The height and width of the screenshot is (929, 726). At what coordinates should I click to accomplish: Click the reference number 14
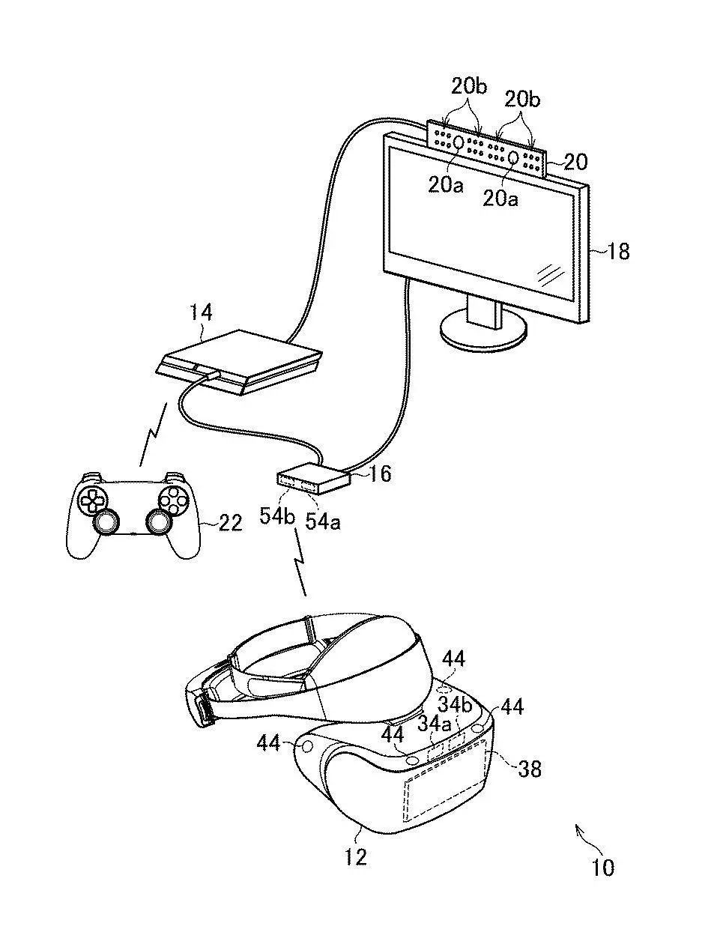(200, 312)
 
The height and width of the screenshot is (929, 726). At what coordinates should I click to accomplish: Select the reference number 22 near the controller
(231, 522)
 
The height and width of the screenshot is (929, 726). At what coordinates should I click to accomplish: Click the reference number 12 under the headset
(357, 856)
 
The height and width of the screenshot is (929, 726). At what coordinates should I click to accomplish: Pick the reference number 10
(602, 868)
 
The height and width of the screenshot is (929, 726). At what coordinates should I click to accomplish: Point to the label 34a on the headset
(435, 724)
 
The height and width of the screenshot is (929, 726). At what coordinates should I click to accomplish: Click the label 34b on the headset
(456, 704)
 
